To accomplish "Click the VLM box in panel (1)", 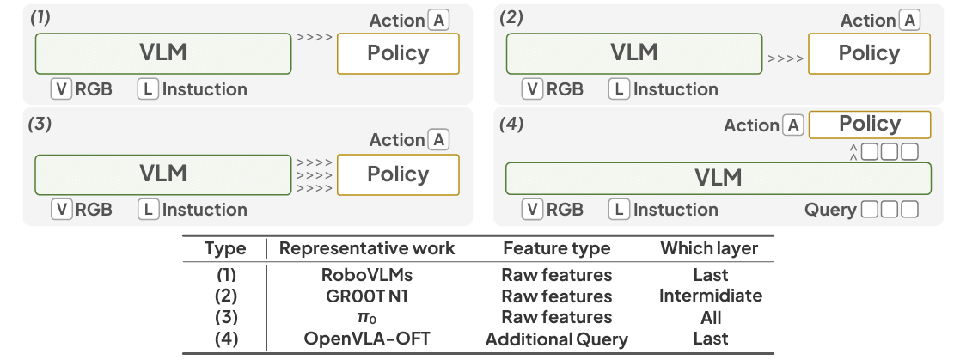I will coord(162,53).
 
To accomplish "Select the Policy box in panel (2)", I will coord(869,53).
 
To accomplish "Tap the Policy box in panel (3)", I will coord(398,174).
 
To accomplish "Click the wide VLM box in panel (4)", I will coord(718,178).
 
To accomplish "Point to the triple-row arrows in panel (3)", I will coord(314,174).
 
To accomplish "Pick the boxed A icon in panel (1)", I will coord(439,21).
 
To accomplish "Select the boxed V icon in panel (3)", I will coord(61,209).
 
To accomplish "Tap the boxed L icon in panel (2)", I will coord(619,88).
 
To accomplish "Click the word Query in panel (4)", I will coord(830,209).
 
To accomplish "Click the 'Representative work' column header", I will coord(367,248).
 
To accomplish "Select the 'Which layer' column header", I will coord(709,248).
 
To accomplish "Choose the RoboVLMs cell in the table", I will coord(367,275).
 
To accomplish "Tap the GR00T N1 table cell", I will coord(367,296).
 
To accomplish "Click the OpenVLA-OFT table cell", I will coord(367,339).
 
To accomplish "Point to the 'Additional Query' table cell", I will coord(556,339).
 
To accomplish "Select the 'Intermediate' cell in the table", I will coord(710,296).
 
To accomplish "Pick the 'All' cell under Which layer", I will coord(710,317).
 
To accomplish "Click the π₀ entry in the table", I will coord(367,318).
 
